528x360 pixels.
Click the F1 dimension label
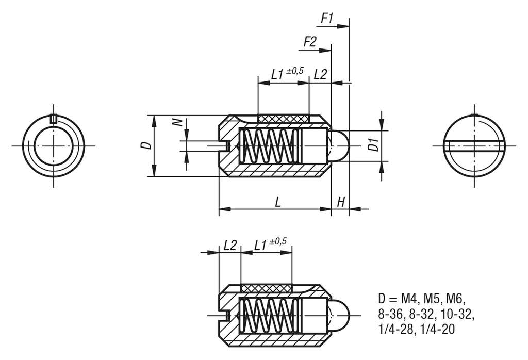pos(327,19)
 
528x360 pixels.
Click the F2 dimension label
pos(309,42)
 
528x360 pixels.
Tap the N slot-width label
pos(177,122)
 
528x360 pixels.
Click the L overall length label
pos(278,202)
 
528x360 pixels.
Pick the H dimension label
pos(340,202)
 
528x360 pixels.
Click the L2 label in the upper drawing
pos(320,74)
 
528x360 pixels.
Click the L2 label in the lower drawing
pos(230,246)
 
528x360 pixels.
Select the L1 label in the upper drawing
pos(278,74)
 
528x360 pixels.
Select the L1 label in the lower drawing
pos(261,246)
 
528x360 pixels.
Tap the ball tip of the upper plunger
pos(339,146)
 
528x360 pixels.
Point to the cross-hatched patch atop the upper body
pos(284,119)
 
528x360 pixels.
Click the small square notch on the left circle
pos(54,119)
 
